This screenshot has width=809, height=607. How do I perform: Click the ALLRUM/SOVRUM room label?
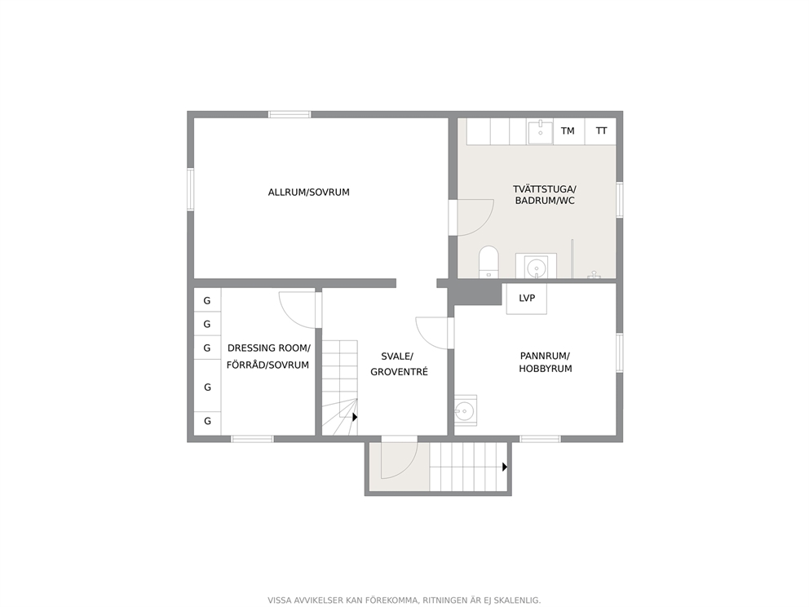coord(308,193)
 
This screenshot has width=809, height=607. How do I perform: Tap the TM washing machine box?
coord(568,131)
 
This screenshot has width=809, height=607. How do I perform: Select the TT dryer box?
coord(601,131)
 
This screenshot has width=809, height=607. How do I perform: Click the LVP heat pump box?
coord(526,299)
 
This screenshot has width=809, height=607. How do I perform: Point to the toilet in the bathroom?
coord(488,262)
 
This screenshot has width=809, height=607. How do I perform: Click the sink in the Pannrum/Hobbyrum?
coord(466,411)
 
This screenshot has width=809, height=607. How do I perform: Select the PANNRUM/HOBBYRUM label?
coord(545,362)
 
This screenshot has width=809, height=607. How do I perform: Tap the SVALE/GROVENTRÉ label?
coord(399,364)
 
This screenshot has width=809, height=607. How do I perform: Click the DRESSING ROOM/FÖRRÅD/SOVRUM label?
coord(268,357)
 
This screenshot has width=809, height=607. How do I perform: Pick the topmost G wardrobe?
coord(207,300)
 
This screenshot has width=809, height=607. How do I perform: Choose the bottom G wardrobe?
coord(207,421)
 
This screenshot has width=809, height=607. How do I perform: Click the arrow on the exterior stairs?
coord(505,467)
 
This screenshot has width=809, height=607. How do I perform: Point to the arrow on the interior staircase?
coord(355,417)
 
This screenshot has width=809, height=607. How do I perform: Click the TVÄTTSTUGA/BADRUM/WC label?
coord(544,195)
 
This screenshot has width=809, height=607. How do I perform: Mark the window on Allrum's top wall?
coord(290,114)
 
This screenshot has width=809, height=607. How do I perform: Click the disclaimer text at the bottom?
coord(404,600)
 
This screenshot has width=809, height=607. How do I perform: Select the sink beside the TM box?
coord(540,131)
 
